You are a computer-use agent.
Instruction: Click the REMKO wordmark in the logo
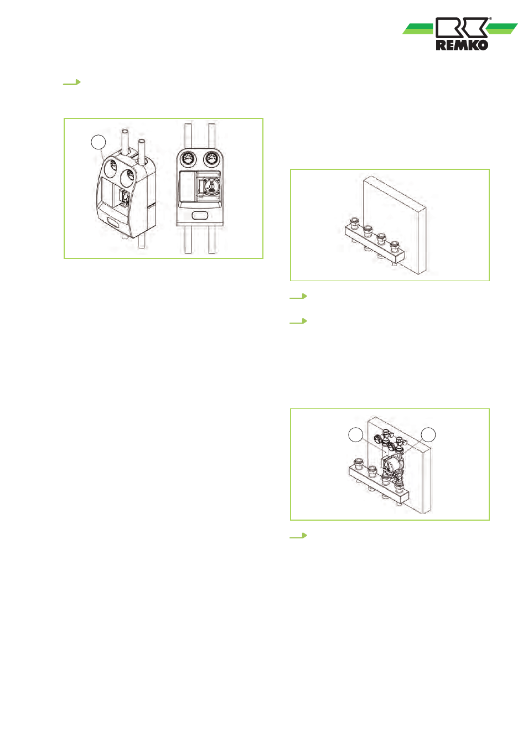coord(462,45)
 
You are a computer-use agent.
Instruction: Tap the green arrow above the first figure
coord(72,82)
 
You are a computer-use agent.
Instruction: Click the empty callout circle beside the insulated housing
coord(99,142)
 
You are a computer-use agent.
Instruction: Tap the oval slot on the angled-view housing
coord(113,222)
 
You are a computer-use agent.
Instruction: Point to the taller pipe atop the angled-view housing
coord(125,141)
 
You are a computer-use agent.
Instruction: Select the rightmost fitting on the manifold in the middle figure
coord(395,246)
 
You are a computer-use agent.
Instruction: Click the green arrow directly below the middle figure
coord(298,296)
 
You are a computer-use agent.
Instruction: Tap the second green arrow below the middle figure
coord(298,321)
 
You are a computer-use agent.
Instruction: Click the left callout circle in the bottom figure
coord(355,435)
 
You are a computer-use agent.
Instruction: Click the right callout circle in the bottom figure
coord(428,435)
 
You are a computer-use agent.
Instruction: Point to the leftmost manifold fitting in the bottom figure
coord(359,463)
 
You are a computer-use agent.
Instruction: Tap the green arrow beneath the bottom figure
coord(298,536)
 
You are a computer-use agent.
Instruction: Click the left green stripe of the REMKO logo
coord(418,29)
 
